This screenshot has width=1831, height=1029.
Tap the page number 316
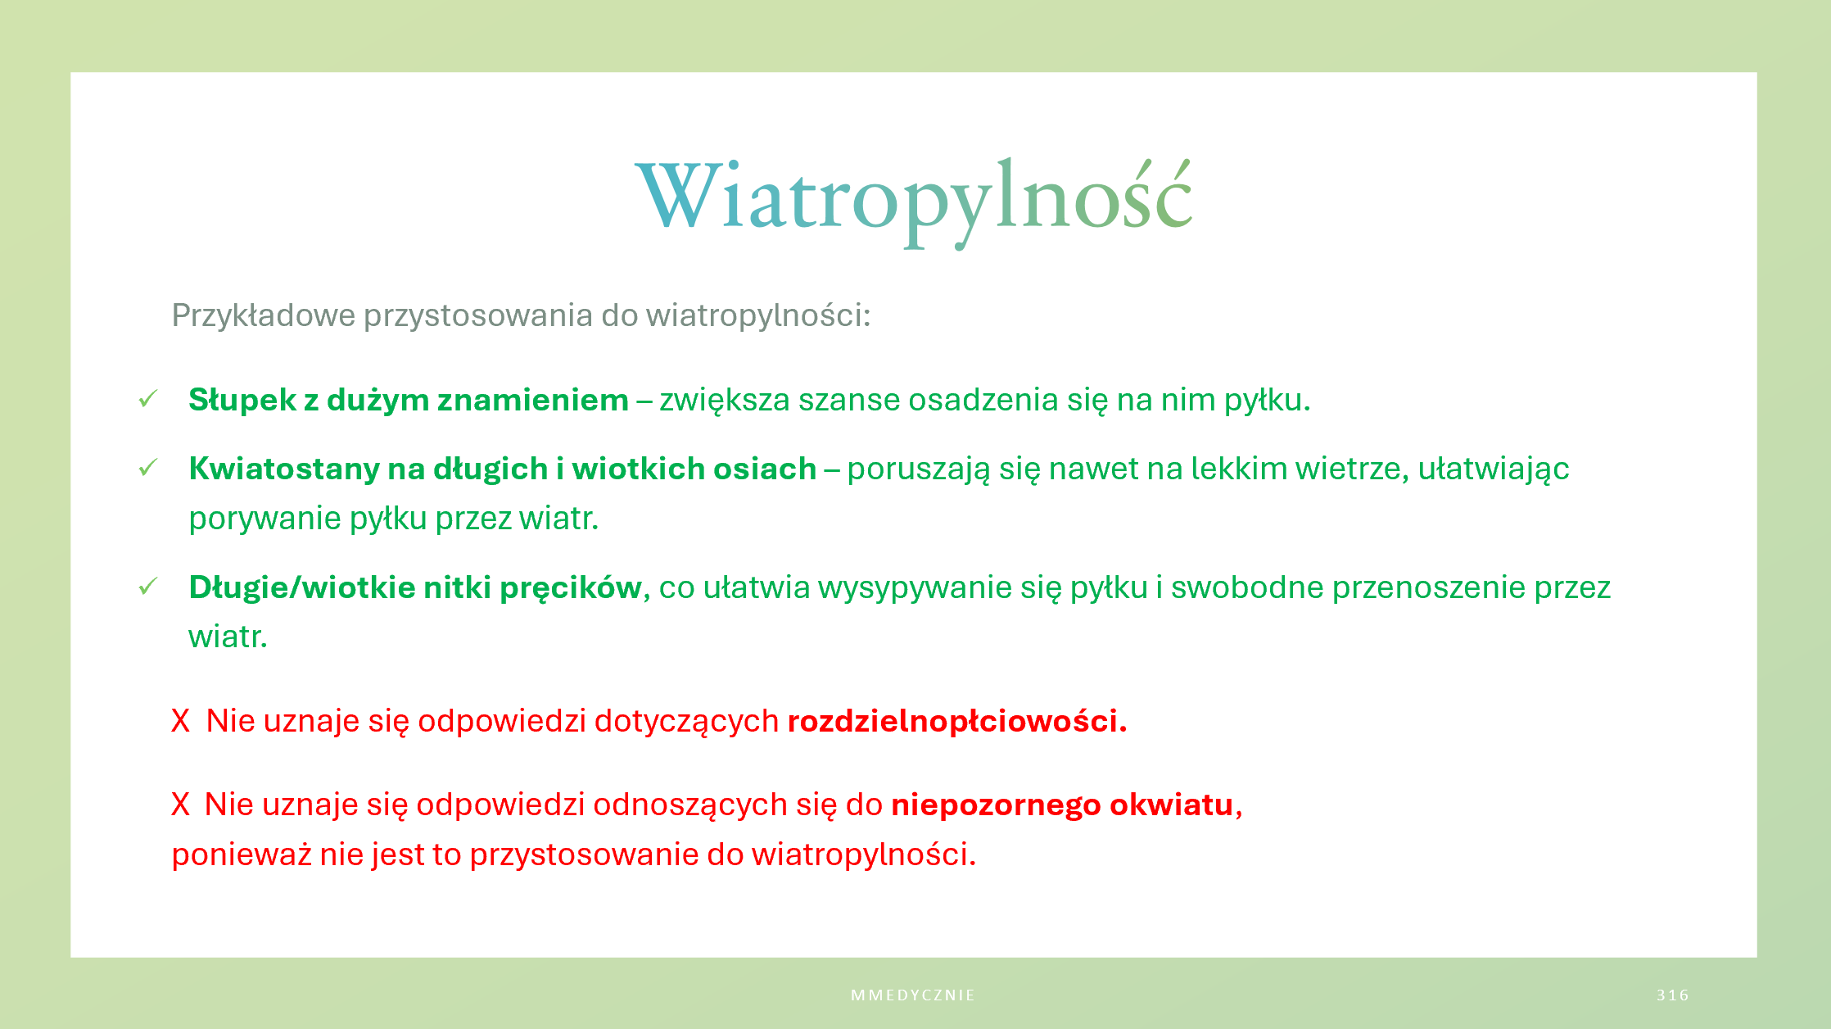tap(1673, 995)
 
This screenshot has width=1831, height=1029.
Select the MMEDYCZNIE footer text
tap(913, 995)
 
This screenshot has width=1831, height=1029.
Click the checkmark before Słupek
tap(148, 399)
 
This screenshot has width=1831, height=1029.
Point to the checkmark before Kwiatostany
tap(148, 468)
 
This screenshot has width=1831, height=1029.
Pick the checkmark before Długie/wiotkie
tap(148, 587)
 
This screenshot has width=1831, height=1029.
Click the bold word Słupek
tap(242, 401)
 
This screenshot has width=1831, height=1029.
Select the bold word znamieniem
tap(533, 400)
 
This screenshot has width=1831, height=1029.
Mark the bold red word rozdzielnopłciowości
tap(957, 722)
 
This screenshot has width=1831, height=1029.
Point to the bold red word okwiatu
tap(1172, 805)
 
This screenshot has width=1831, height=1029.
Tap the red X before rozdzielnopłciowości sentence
tap(180, 721)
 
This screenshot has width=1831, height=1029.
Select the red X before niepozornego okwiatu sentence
tap(180, 805)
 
